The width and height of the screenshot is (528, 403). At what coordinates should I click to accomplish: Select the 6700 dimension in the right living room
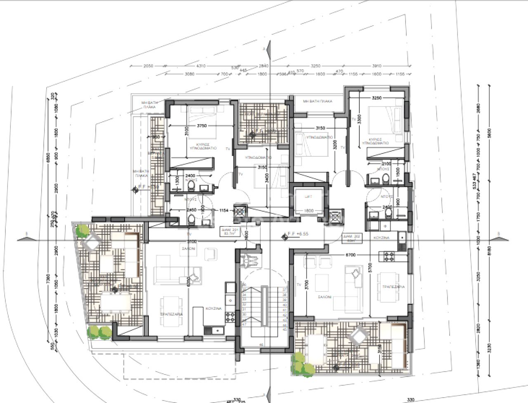pyautogui.click(x=350, y=255)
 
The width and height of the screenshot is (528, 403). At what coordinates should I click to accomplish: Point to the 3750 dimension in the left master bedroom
pyautogui.click(x=202, y=126)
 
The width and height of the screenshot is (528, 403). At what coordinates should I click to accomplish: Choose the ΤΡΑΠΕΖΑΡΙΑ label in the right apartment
pyautogui.click(x=393, y=286)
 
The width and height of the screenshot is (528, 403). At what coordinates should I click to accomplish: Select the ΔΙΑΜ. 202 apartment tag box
pyautogui.click(x=352, y=237)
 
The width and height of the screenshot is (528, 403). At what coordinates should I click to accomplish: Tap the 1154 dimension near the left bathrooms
pyautogui.click(x=224, y=210)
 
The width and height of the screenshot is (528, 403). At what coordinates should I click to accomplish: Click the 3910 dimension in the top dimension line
pyautogui.click(x=376, y=66)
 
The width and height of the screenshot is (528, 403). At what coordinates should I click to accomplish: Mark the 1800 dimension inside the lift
pyautogui.click(x=308, y=211)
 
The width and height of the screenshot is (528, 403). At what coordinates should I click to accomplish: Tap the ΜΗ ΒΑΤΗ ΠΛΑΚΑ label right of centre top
pyautogui.click(x=317, y=101)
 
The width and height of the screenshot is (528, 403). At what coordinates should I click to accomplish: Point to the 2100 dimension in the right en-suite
pyautogui.click(x=386, y=164)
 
